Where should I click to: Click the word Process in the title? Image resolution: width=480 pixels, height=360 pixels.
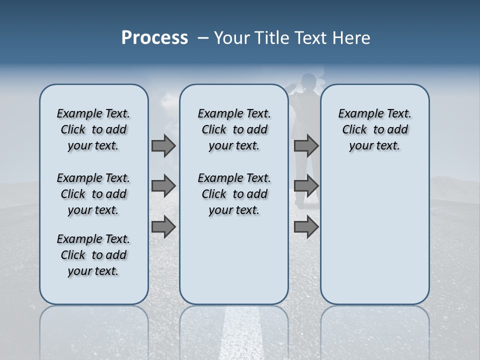coord(154,38)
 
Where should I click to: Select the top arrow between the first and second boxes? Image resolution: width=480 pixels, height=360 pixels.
coord(163,145)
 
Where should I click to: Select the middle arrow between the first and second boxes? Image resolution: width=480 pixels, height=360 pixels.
coord(163,186)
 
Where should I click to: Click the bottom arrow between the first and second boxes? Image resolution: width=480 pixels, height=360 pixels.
coord(163,227)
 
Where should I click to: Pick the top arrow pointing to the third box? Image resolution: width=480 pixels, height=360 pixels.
coord(306,145)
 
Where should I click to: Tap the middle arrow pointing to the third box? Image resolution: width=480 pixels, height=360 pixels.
coord(306,186)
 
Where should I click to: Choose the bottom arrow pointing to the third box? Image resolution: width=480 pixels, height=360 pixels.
coord(306,227)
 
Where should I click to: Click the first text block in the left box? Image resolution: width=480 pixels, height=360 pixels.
coord(93,129)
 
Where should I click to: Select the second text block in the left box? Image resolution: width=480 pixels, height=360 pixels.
coord(93,194)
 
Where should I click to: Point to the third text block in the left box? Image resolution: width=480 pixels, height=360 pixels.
coord(93,255)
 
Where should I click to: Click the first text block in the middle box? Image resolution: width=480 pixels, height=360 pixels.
coord(234,129)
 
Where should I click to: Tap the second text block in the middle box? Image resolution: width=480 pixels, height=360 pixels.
coord(234,194)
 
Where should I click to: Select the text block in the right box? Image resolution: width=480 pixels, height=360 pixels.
coord(374,129)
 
